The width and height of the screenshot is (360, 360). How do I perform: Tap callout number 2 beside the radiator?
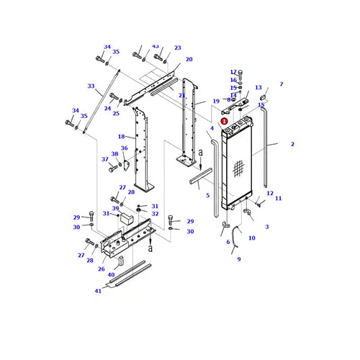click(x=292, y=145)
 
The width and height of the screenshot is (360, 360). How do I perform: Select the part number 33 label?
click(x=91, y=86)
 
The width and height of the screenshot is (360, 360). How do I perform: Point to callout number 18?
click(x=121, y=136)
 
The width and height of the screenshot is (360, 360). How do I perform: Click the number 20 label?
click(x=189, y=59)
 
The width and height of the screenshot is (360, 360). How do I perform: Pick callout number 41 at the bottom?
click(x=98, y=291)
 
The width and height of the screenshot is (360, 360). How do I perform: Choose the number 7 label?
click(x=282, y=84)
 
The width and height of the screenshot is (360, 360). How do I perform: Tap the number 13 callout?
click(x=258, y=87)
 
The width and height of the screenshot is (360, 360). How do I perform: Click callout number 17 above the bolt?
click(x=233, y=72)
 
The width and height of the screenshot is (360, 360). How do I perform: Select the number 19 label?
click(x=215, y=102)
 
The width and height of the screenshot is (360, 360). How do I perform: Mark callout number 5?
click(x=208, y=195)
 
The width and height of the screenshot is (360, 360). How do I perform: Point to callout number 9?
click(x=238, y=258)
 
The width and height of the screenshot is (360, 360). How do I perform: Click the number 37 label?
click(x=104, y=159)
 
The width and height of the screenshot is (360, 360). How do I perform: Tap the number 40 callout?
click(x=111, y=274)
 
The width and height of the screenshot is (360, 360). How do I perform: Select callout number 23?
click(x=178, y=48)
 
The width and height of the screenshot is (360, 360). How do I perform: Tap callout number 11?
click(x=278, y=198)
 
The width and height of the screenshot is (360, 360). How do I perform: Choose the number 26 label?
click(x=101, y=269)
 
